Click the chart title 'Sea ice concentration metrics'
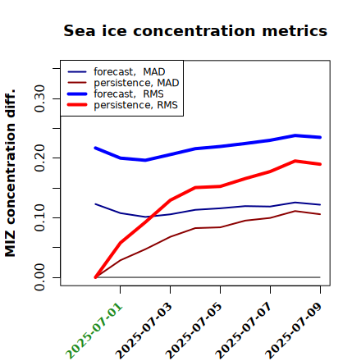195,30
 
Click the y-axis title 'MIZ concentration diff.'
10,173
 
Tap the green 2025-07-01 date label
94,331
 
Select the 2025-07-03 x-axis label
144,331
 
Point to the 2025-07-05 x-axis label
194,331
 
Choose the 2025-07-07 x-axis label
244,331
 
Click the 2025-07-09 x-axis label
295,331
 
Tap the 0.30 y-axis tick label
39,98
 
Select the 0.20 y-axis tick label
39,158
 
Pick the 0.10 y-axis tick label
39,217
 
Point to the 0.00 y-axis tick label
39,277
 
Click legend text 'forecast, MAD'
130,71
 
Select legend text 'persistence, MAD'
136,83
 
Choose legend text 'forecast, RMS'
129,94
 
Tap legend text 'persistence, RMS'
135,105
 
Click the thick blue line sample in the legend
77,94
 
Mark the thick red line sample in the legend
77,105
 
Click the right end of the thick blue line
320,137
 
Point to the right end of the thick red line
320,164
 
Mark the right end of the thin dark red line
320,214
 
